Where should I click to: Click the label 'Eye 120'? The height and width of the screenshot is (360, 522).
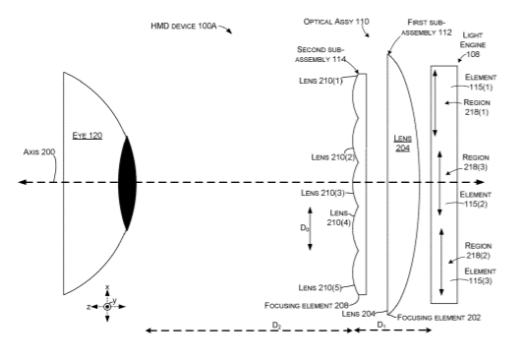[87, 136]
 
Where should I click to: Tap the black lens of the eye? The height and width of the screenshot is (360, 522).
[127, 183]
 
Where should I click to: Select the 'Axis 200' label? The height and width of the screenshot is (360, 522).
[39, 151]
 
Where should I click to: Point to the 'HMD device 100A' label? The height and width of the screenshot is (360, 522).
[184, 26]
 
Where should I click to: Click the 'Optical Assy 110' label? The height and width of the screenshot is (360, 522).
[336, 22]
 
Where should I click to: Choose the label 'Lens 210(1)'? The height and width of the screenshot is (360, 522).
[320, 81]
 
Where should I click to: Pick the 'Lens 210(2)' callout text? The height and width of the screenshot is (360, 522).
[333, 156]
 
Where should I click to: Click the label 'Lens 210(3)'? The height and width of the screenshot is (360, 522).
[322, 193]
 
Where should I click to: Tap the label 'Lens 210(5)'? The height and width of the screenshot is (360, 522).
[319, 288]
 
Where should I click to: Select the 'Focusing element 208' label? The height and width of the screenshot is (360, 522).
[307, 305]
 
